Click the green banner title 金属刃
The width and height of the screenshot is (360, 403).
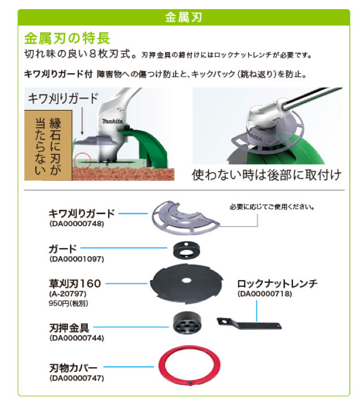point(183,18)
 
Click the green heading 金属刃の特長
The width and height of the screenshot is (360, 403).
point(67,39)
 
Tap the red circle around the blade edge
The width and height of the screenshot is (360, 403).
point(83,162)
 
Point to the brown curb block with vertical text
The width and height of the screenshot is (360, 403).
point(48,146)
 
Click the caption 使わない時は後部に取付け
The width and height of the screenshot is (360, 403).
point(266,175)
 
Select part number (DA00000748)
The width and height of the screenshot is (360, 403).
point(77,223)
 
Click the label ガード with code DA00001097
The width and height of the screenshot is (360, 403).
point(63,249)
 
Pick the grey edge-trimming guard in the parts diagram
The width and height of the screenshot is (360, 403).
point(185,218)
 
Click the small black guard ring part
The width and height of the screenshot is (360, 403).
point(187,249)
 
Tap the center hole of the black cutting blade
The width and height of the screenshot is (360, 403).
point(186,281)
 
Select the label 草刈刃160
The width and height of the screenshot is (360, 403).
point(75,284)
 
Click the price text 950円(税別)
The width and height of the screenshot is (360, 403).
point(69,304)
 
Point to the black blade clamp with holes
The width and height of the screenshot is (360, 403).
point(187,323)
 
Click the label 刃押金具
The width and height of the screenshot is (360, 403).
point(69,328)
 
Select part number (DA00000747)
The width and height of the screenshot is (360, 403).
point(77,378)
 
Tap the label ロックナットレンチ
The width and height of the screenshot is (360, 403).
point(277,284)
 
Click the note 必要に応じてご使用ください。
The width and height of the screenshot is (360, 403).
point(272,207)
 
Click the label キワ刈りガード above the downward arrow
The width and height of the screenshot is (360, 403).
point(63,98)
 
